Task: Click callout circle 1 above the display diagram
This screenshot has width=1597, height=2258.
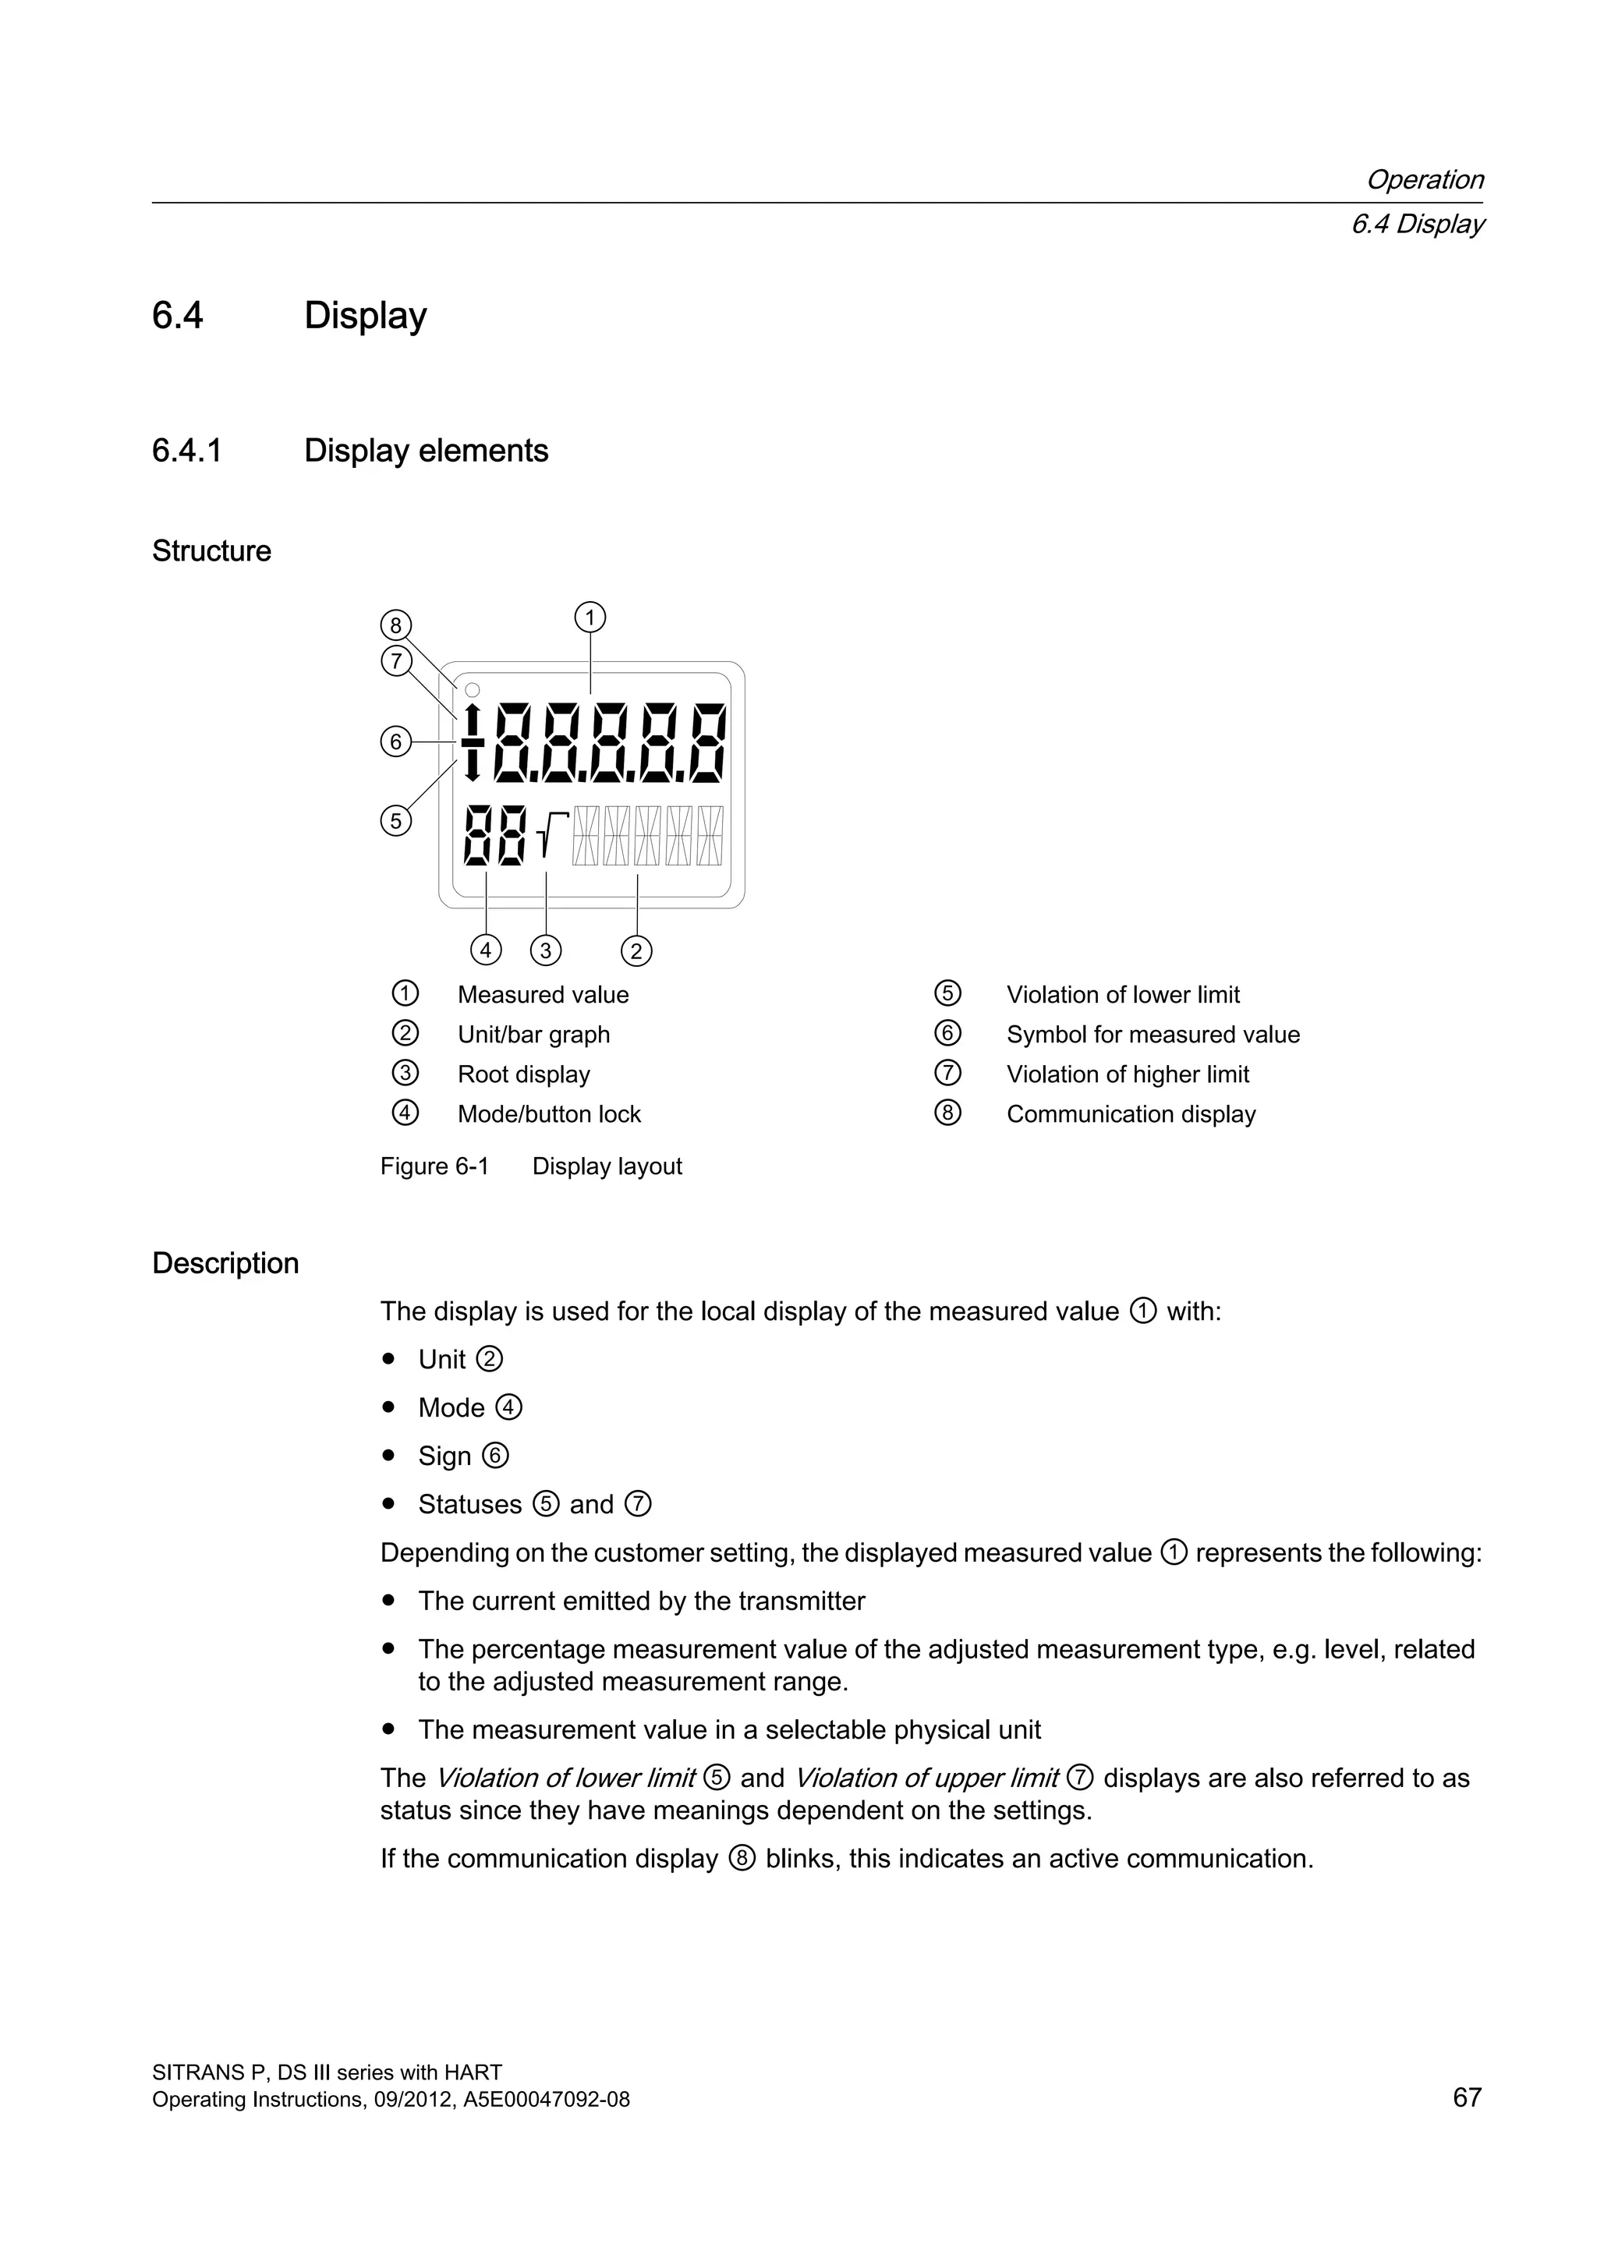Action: coord(590,618)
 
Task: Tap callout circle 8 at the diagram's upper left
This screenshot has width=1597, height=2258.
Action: coord(395,625)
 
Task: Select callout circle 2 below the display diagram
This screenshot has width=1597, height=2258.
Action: coord(636,951)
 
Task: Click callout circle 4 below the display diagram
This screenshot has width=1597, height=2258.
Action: coord(486,951)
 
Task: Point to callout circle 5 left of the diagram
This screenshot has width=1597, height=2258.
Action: coord(395,820)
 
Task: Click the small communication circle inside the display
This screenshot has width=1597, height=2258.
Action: coord(472,689)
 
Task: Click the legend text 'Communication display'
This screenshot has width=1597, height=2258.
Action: coord(1131,1114)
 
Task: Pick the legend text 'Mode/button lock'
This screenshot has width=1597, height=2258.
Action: coord(549,1114)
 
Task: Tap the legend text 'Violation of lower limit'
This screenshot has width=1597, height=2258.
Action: coord(1123,994)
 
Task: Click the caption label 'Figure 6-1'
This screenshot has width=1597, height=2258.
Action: coord(434,1166)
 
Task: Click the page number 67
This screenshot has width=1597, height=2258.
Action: coord(1466,2097)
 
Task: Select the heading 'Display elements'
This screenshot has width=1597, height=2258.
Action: coord(426,451)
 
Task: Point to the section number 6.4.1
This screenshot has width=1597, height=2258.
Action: coord(187,451)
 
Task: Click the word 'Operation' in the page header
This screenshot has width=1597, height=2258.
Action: coord(1424,180)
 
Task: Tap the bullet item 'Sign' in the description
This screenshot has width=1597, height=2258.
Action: coord(444,1456)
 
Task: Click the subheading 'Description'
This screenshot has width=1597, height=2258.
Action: coord(225,1263)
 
